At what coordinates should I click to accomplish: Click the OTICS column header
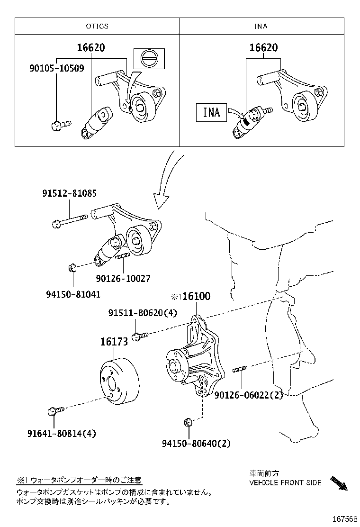click(97, 26)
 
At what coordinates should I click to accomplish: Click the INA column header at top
click(261, 26)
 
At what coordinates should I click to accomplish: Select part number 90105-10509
click(56, 68)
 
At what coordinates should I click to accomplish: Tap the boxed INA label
click(212, 112)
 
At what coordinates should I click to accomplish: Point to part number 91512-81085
click(70, 193)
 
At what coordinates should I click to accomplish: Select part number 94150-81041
click(73, 294)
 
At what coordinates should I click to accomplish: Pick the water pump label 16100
click(196, 296)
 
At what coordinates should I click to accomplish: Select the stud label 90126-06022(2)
click(248, 394)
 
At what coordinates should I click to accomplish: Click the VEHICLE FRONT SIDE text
click(286, 482)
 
